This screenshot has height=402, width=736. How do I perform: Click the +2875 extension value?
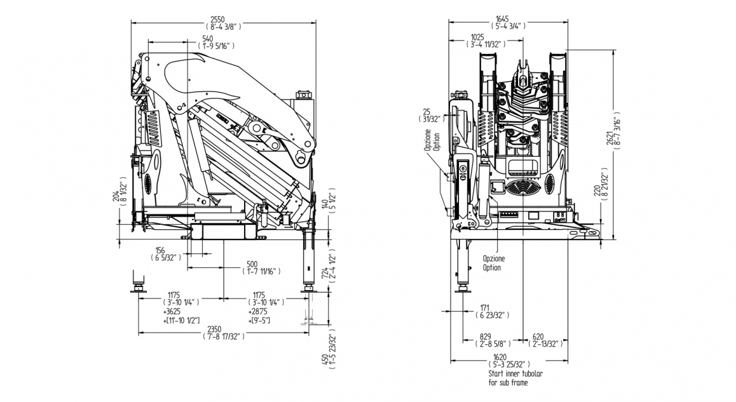(x=258, y=314)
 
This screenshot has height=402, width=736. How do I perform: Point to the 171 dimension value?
(x=485, y=308)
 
